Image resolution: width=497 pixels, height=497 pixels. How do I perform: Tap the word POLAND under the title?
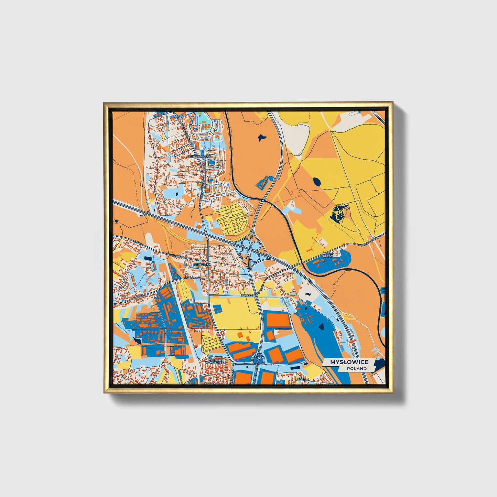point(357,368)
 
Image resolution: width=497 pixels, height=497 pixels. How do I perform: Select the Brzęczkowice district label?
point(200,156)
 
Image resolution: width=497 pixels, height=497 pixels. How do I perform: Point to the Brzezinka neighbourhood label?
point(202,265)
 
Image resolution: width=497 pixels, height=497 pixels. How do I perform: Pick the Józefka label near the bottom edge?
point(303,380)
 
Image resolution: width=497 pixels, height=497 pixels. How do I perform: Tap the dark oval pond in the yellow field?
point(316,181)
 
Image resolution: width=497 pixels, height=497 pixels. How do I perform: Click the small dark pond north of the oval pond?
point(261,137)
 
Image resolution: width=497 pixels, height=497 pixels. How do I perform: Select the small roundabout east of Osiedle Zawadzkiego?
point(233,363)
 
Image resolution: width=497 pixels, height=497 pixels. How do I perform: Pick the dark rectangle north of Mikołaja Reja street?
point(147,258)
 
